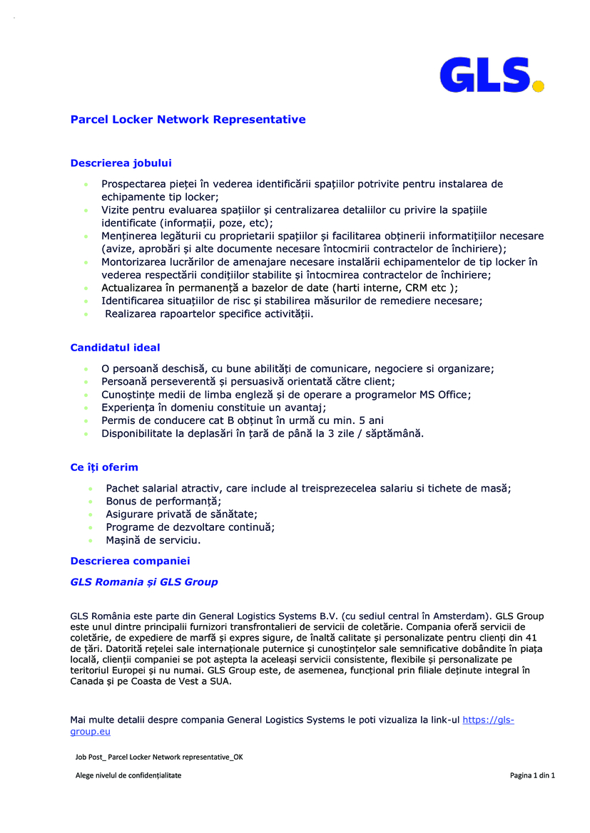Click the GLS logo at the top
491,75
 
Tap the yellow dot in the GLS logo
539,86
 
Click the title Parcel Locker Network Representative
188,120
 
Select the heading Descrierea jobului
121,163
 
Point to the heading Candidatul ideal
115,348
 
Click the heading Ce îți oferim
104,467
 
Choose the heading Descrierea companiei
130,561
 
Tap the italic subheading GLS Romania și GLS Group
143,582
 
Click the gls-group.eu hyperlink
488,720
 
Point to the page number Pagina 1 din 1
532,775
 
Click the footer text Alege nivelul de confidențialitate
128,775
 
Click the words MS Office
445,395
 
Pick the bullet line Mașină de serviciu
153,540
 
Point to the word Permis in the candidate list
118,420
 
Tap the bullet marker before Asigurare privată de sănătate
91,514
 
